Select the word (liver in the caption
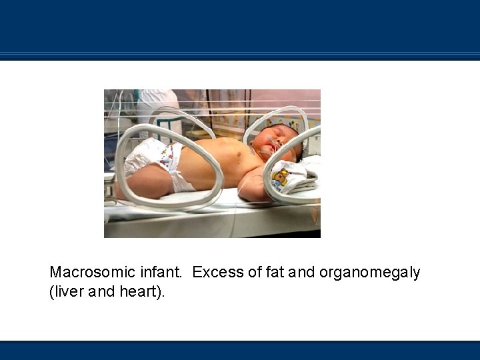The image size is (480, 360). (67, 293)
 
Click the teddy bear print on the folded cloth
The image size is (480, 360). (281, 177)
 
